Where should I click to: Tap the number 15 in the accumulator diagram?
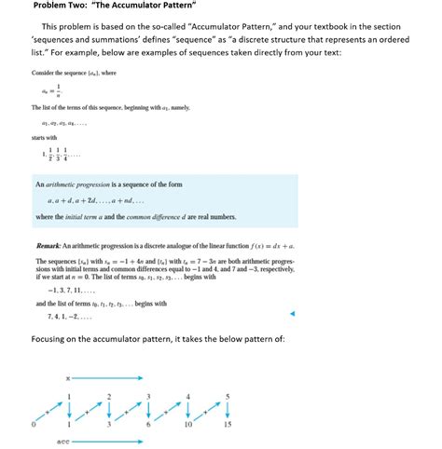pyautogui.click(x=227, y=425)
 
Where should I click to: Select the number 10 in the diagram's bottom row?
pyautogui.click(x=188, y=425)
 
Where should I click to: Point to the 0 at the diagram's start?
pyautogui.click(x=33, y=425)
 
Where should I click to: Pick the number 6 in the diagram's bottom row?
pyautogui.click(x=148, y=425)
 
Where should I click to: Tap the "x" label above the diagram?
pyautogui.click(x=68, y=378)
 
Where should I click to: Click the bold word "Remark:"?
pyautogui.click(x=49, y=244)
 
